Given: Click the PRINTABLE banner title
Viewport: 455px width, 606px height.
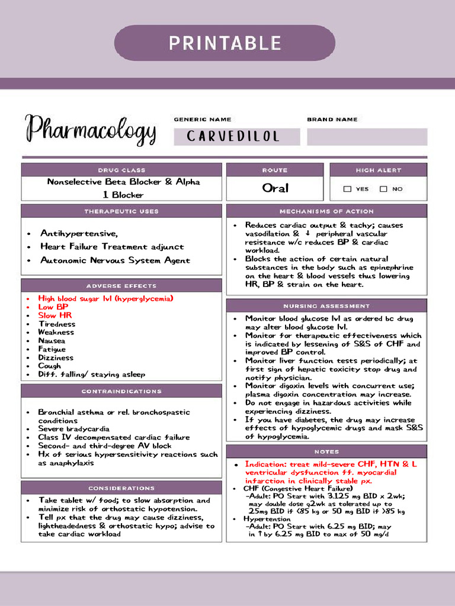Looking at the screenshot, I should (225, 43).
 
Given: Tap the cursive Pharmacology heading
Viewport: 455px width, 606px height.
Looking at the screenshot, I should (91, 130).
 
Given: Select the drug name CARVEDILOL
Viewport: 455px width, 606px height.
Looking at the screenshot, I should (232, 137).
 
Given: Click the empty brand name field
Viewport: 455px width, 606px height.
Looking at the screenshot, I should (367, 137).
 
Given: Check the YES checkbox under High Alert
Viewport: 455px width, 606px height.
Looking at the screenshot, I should (348, 189).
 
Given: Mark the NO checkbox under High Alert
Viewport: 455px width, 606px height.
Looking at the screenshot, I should (383, 189).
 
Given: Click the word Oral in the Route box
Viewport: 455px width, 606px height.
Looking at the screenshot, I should (275, 188).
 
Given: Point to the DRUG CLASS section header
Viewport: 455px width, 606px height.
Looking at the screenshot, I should (121, 170).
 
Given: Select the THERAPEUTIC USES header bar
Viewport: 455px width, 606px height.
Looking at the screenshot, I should (121, 211).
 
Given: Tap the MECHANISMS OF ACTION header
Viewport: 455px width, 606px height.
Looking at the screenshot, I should (326, 211).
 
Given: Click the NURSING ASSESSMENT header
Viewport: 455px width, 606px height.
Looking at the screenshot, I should (326, 306).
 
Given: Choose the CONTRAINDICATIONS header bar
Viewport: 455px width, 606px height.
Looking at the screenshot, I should (121, 391).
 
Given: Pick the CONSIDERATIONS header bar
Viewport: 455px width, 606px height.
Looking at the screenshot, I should (121, 488).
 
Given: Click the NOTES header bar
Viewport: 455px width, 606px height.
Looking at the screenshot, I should (326, 452).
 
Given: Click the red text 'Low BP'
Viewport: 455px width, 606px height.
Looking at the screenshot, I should (53, 307).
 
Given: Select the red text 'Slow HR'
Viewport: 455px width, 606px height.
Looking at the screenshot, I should (55, 315).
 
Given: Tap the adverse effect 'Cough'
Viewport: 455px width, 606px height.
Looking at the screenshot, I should (50, 366).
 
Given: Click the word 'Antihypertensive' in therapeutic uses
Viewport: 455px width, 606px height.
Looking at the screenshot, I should (78, 233).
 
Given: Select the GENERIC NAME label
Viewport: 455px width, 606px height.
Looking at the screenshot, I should (203, 120).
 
